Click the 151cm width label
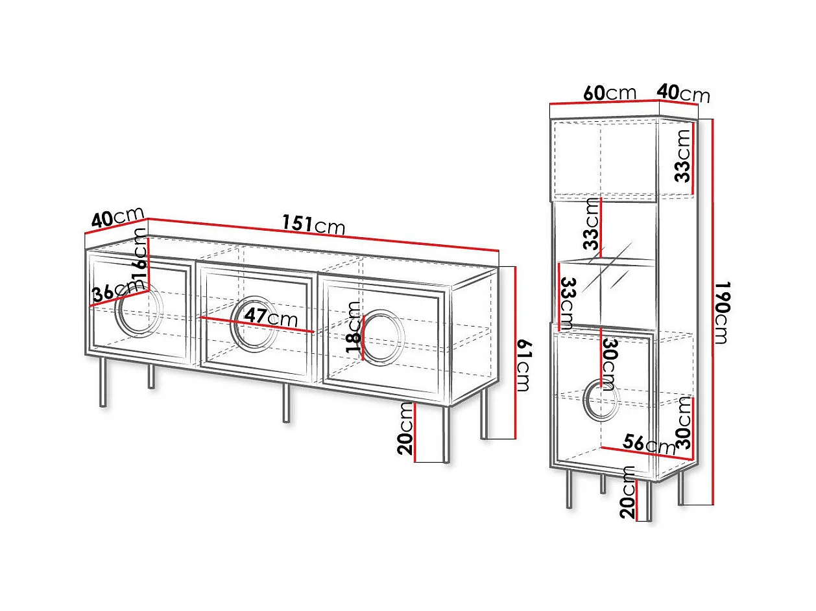coord(313,225)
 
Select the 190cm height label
coord(725,314)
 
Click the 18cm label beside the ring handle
coord(354,327)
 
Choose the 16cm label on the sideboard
coord(139,257)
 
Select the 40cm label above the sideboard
coord(117,218)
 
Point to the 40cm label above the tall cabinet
coord(684,93)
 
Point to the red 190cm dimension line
coord(713,311)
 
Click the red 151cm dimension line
coord(324,235)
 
